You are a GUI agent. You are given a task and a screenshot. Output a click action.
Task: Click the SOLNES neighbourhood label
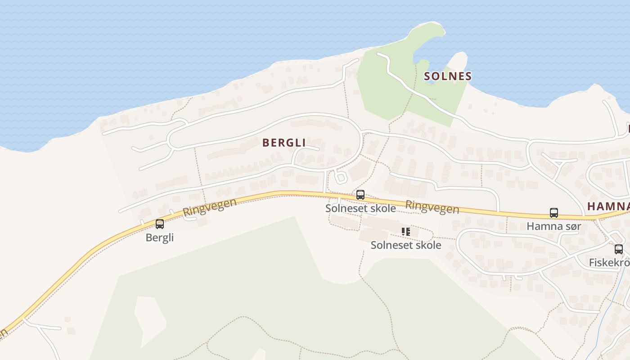[448, 76]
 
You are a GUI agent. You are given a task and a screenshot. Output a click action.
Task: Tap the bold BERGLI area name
[284, 143]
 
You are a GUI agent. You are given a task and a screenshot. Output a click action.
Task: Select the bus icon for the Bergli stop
[160, 224]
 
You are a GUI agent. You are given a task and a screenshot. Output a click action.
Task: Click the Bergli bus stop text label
[160, 237]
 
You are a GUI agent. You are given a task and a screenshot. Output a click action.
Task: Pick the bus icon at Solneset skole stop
[360, 195]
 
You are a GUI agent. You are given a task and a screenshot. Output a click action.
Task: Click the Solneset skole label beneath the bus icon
[360, 208]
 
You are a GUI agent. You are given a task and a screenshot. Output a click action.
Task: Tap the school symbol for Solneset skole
[406, 232]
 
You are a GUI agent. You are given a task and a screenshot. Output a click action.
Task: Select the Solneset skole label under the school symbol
[406, 245]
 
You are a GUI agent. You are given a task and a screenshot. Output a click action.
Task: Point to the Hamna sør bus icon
[554, 213]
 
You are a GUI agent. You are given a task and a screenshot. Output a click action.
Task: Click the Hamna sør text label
[554, 226]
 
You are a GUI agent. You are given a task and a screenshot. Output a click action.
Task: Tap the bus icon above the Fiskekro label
[619, 249]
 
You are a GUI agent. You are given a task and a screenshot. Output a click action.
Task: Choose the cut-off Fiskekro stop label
[609, 262]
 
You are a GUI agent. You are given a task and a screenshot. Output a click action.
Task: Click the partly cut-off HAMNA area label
[608, 207]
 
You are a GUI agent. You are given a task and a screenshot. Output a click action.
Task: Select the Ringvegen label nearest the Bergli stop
[209, 207]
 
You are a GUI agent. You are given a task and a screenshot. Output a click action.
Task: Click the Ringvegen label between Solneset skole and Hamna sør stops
[432, 207]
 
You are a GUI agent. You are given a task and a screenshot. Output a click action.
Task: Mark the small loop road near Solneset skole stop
[340, 176]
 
